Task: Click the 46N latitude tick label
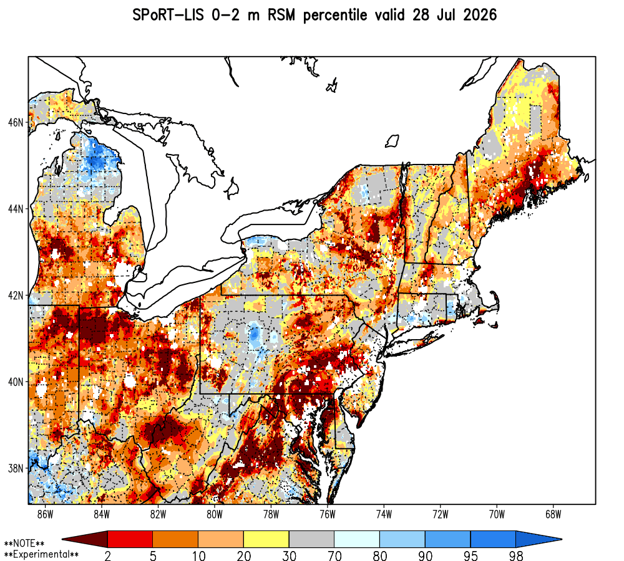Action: [x=16, y=122]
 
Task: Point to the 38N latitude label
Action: [x=16, y=468]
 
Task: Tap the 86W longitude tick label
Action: [x=45, y=514]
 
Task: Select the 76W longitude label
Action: [x=328, y=514]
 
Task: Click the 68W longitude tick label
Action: [x=553, y=514]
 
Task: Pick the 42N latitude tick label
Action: [x=16, y=295]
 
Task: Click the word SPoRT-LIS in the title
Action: [x=168, y=15]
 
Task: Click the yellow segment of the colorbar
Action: [x=266, y=539]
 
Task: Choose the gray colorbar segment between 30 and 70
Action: [x=311, y=539]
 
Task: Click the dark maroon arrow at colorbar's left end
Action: [x=85, y=539]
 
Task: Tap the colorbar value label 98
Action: [x=516, y=555]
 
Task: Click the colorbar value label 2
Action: [x=107, y=555]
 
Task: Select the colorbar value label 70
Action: [x=334, y=555]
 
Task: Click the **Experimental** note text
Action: [x=41, y=554]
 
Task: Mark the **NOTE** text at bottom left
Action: [x=24, y=544]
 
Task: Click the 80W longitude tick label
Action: [x=215, y=514]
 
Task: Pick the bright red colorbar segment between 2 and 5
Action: [x=130, y=539]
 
